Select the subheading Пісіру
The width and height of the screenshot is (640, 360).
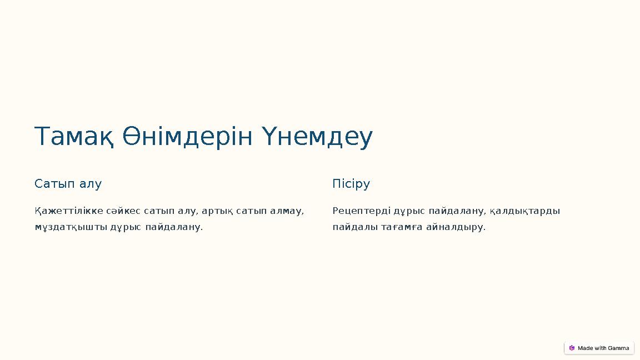[x=351, y=184]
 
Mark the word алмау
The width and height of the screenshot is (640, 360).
[x=288, y=211]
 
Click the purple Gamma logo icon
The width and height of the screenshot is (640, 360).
[x=572, y=348]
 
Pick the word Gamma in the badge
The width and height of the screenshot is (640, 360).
[x=618, y=348]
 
